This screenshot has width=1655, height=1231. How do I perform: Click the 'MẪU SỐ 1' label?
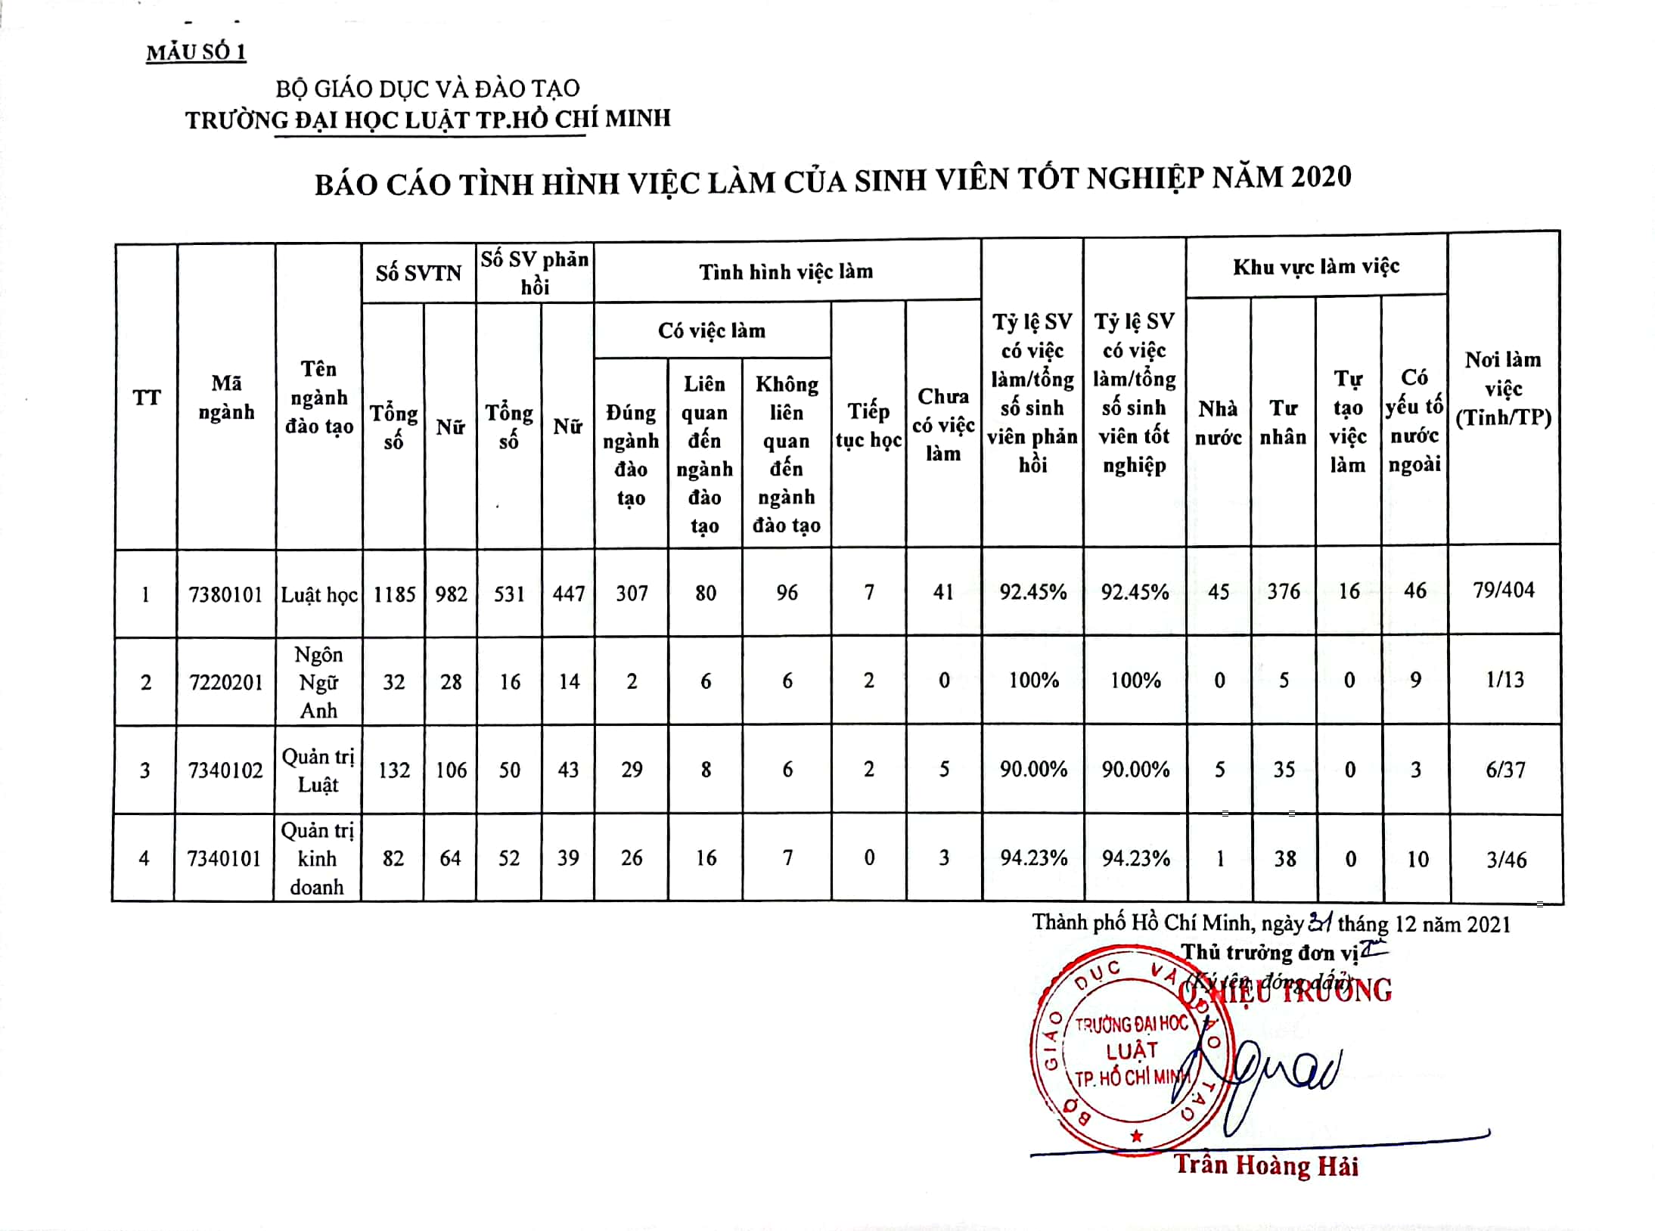[x=196, y=52]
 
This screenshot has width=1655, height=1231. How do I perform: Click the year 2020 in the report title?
[x=1321, y=177]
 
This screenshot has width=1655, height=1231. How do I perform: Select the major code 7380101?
[x=225, y=594]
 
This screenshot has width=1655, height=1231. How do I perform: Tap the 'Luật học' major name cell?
[x=319, y=595]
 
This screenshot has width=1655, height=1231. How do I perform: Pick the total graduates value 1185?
[x=394, y=594]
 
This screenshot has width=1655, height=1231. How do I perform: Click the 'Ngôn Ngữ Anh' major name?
[x=318, y=682]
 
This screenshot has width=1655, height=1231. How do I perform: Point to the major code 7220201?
[x=225, y=683]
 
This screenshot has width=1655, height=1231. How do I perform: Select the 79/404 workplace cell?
[x=1504, y=590]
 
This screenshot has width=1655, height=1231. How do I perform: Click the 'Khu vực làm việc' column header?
[x=1316, y=266]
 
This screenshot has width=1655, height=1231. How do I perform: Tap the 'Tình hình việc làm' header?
[x=786, y=271]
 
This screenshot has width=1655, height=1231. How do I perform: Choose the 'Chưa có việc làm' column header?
[x=943, y=425]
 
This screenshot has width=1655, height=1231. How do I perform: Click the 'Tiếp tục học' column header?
[x=868, y=425]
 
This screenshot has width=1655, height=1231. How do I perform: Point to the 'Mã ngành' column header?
[x=226, y=398]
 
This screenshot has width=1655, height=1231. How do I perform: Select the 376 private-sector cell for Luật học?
[x=1284, y=591]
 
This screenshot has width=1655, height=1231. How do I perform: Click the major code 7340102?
[x=225, y=771]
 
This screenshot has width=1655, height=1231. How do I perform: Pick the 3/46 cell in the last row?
[x=1506, y=860]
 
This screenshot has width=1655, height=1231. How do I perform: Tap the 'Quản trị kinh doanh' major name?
[x=317, y=859]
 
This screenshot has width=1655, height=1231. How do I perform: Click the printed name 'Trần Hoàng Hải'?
[x=1265, y=1166]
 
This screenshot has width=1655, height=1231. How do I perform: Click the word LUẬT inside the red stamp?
[x=1132, y=1051]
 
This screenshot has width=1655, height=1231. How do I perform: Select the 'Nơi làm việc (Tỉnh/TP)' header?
[x=1503, y=389]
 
